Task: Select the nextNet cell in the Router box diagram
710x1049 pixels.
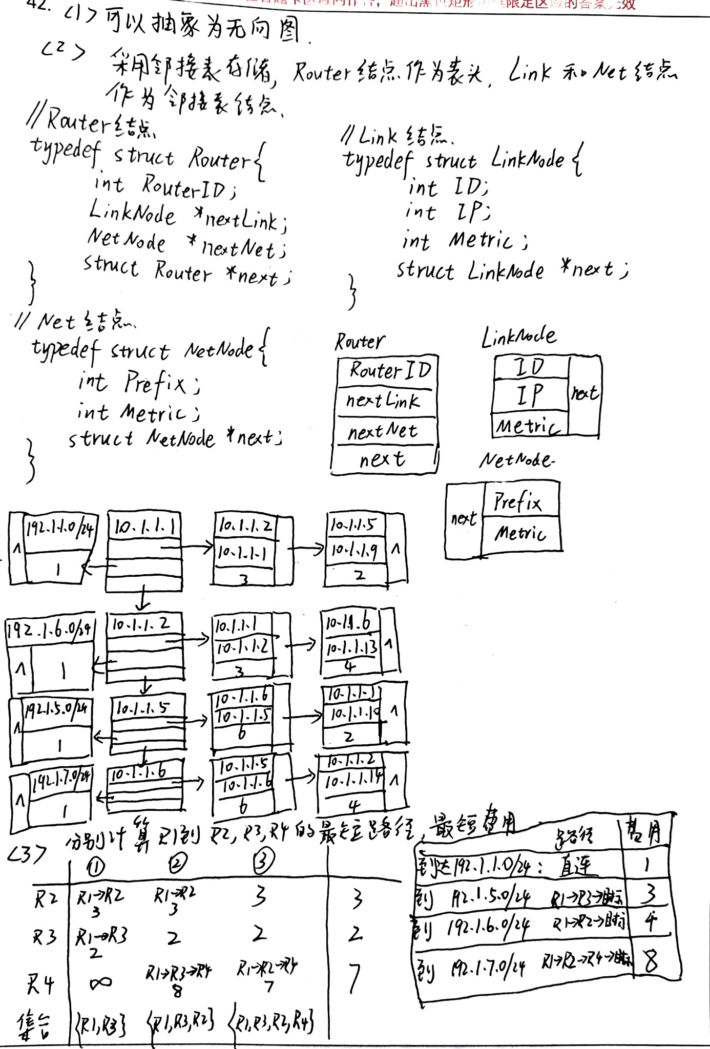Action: click(384, 432)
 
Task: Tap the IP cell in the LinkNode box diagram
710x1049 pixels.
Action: click(530, 395)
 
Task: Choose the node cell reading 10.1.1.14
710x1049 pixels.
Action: click(353, 780)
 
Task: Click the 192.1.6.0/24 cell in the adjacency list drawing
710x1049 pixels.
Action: click(50, 628)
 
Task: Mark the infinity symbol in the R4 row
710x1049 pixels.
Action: click(100, 982)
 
